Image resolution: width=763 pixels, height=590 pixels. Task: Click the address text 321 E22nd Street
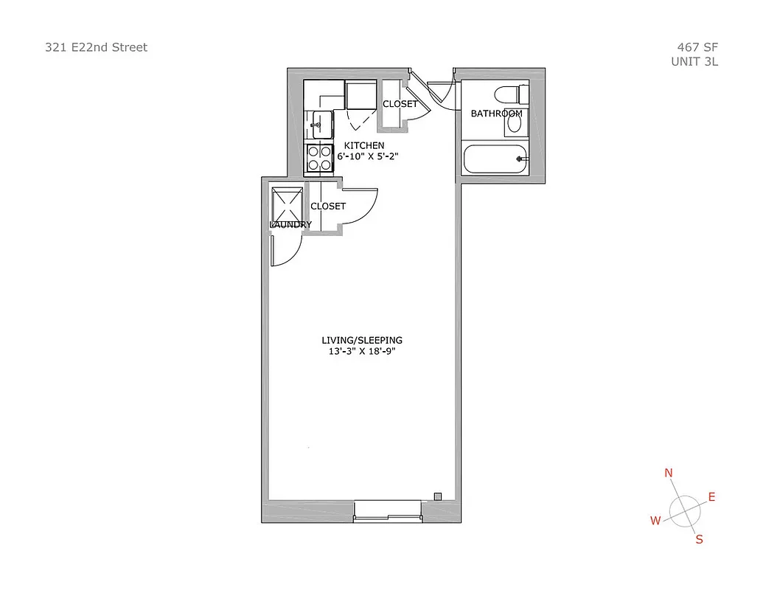pos(96,47)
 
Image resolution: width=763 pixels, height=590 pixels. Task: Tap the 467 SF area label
pos(697,47)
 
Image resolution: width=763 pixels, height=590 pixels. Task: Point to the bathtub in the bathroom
pos(495,159)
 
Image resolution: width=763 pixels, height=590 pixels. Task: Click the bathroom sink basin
pos(515,125)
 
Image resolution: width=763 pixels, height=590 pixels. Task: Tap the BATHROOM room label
pos(496,114)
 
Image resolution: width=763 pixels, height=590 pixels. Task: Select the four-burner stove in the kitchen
pos(319,158)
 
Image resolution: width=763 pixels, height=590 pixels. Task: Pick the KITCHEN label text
pos(364,145)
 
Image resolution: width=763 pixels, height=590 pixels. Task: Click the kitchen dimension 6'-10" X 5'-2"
pos(369,156)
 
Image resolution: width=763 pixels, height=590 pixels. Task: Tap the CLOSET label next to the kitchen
pos(400,104)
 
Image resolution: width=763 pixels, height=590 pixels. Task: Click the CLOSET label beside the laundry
pos(328,206)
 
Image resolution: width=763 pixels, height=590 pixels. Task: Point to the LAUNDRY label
pos(290,224)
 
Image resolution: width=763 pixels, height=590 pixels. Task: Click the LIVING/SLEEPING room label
pos(362,340)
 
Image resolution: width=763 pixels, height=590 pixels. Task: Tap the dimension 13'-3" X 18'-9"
pos(363,352)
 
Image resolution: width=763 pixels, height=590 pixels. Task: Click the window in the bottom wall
pos(387,510)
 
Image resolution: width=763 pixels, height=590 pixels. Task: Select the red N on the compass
pos(669,473)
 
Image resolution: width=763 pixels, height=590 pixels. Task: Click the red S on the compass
pos(699,539)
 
